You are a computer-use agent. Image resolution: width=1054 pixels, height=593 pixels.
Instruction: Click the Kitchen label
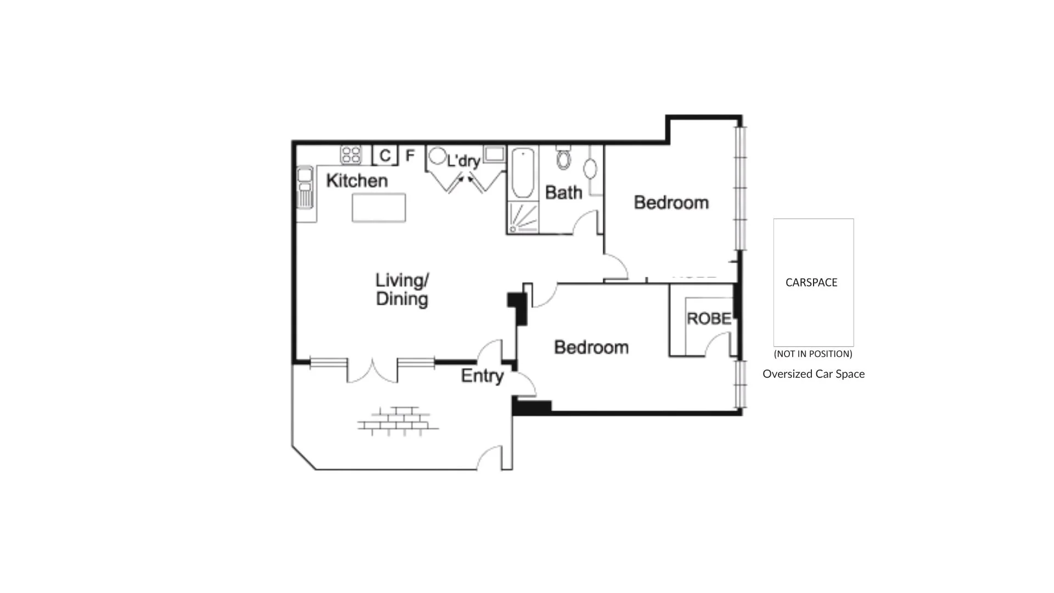click(x=357, y=181)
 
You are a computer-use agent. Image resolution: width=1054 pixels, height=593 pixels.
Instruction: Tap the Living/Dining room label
click(x=402, y=289)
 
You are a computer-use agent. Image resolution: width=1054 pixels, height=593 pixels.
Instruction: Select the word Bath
click(x=563, y=193)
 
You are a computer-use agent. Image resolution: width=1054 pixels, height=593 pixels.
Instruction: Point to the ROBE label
click(x=709, y=319)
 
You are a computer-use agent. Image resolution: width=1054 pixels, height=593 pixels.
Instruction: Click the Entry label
click(x=482, y=376)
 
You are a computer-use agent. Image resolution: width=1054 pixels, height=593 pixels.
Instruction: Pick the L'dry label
click(x=464, y=161)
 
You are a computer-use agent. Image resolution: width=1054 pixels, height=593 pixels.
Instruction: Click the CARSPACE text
click(x=811, y=283)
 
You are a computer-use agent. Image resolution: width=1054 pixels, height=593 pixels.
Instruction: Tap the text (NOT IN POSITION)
click(x=813, y=354)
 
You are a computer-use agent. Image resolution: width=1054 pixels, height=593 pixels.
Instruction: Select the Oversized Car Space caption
click(x=814, y=374)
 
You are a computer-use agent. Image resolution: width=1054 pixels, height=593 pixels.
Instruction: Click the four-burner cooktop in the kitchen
click(x=351, y=154)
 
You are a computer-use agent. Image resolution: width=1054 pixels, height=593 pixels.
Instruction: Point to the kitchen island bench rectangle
click(x=379, y=208)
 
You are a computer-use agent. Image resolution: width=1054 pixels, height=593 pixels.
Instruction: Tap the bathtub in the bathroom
click(x=523, y=172)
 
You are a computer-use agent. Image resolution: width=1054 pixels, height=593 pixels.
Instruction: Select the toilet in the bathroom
click(x=563, y=158)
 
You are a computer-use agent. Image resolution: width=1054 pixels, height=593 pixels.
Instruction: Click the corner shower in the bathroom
click(x=523, y=217)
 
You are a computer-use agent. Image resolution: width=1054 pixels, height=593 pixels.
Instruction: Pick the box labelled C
click(x=385, y=155)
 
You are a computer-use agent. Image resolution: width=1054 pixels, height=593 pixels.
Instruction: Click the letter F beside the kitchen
click(x=410, y=156)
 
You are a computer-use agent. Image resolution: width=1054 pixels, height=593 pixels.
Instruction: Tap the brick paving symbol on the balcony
click(x=398, y=422)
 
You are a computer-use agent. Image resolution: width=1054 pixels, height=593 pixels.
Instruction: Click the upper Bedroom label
click(x=671, y=203)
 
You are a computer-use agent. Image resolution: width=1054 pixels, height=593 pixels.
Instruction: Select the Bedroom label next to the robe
click(x=591, y=348)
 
